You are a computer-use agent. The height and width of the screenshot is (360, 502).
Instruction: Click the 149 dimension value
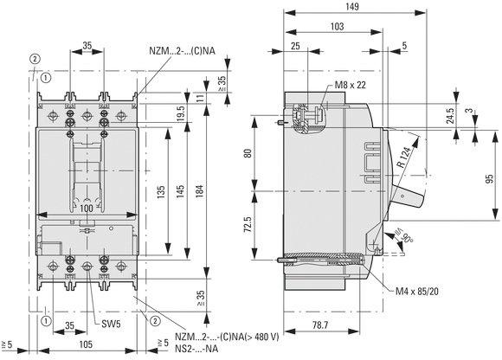352,6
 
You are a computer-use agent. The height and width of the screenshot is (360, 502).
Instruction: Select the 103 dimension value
337,26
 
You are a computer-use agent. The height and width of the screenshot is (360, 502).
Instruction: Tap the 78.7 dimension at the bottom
320,325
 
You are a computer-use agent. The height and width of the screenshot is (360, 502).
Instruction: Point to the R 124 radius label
403,157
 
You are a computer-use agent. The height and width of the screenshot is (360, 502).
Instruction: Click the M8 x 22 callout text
350,85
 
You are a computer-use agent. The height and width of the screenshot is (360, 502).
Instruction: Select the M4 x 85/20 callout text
417,291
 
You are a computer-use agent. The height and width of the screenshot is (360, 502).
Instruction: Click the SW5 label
111,324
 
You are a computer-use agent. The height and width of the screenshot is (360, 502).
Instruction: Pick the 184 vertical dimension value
199,191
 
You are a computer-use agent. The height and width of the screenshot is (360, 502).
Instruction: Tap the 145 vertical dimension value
180,191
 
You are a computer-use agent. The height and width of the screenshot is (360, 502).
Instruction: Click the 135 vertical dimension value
161,191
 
